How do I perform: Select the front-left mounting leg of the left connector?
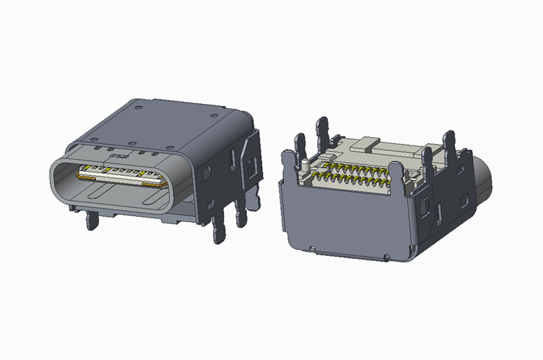pos(90,219)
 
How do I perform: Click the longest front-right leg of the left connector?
pos(219,227)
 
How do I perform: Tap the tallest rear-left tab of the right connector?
pos(322,132)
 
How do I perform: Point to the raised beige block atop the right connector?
pos(367,143)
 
